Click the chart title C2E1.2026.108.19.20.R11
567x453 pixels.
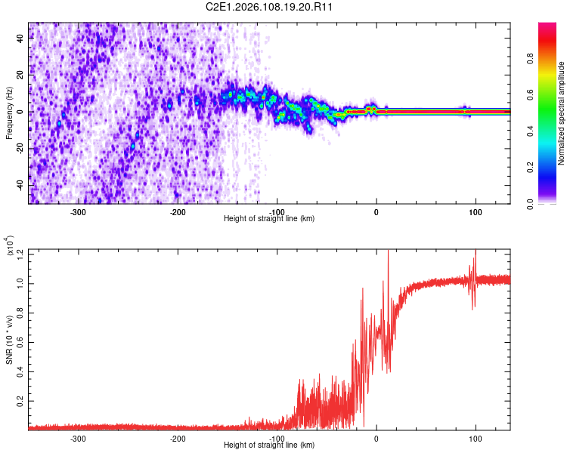270,7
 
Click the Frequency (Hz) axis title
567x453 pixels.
9,112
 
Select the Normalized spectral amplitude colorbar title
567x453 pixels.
562,112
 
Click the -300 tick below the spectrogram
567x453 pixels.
78,211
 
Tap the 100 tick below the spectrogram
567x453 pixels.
476,211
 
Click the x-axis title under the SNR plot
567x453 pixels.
269,445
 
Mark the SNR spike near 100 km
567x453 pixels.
475,260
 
